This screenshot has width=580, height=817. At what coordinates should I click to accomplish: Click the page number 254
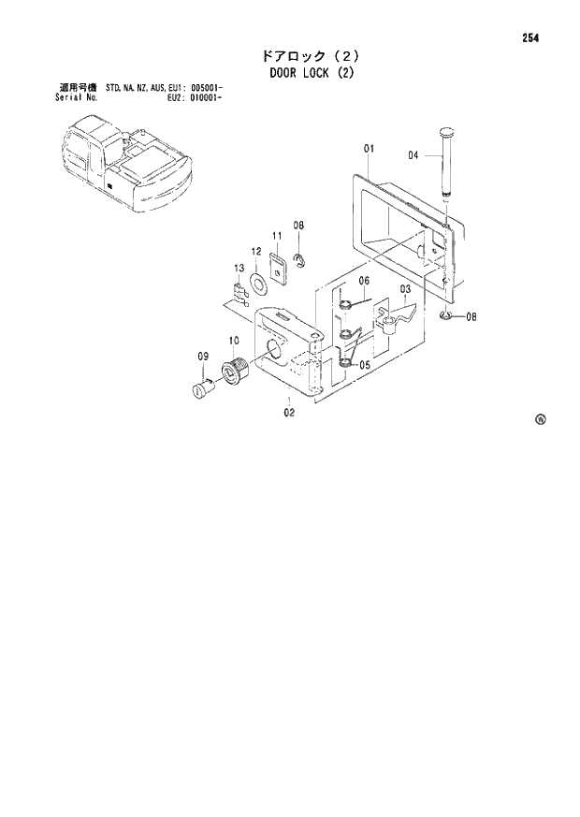coord(531,38)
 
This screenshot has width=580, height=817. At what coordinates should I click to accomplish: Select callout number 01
coord(370,149)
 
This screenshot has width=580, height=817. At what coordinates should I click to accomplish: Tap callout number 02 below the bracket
coord(289,412)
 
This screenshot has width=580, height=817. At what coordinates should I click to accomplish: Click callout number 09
coord(202,356)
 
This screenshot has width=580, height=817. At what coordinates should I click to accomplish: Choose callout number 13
coord(239,269)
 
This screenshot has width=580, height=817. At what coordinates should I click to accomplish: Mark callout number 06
coord(364,281)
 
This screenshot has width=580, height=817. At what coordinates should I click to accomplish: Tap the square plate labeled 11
coord(278,265)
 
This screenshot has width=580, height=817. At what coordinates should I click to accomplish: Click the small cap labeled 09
coord(202,387)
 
